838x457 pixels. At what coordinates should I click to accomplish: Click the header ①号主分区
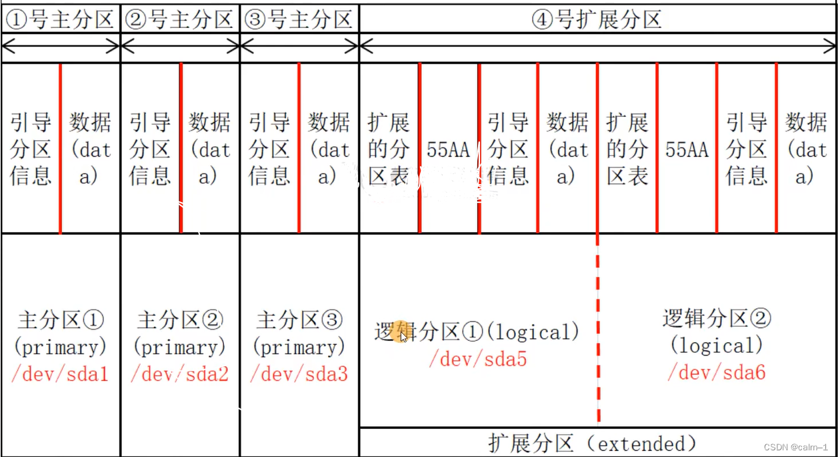[60, 19]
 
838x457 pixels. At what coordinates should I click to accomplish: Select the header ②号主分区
[179, 19]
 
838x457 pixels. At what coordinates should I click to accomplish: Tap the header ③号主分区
[299, 19]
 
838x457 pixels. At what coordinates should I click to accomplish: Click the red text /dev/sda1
[60, 374]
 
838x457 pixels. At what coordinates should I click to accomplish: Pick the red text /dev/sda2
[179, 374]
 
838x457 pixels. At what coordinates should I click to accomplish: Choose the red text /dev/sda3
[299, 374]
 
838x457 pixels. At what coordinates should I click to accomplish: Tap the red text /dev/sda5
[478, 360]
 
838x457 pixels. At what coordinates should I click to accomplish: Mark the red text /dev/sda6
[717, 372]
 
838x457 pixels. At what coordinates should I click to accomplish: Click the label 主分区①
[60, 320]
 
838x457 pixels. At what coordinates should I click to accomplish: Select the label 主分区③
[299, 320]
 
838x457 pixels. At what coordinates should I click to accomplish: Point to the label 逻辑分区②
[717, 318]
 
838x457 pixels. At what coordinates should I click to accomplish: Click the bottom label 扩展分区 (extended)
[593, 444]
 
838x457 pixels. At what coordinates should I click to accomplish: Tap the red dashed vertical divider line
[598, 334]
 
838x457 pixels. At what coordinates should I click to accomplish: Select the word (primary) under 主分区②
[179, 348]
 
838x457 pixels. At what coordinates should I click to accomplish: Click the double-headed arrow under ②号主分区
[179, 46]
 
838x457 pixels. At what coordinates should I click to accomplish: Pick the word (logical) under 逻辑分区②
[717, 346]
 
